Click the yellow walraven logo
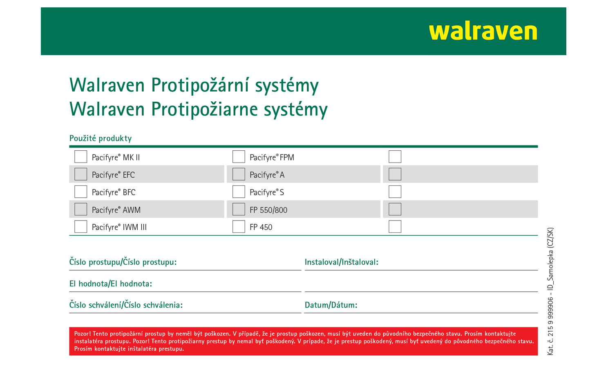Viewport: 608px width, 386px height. coord(483,32)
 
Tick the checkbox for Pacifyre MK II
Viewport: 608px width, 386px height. coord(80,157)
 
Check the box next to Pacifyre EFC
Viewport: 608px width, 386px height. coord(80,174)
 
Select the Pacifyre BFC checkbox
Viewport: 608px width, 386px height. coord(80,192)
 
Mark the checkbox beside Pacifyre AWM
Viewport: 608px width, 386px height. coord(80,209)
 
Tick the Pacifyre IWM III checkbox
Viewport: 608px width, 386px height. coord(80,227)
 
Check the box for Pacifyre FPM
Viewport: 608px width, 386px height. coord(239,157)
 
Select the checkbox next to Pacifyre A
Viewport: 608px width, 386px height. coord(239,174)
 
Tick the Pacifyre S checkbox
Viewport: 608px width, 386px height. coord(239,192)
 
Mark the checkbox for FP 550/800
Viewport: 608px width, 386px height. coord(239,209)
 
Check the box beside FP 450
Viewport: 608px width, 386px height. coord(239,227)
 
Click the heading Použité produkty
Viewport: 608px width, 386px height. coord(101,138)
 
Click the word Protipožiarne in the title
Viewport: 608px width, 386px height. coord(204,109)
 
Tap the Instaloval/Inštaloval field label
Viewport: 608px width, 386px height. coord(342,262)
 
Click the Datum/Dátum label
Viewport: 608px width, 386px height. coord(331,305)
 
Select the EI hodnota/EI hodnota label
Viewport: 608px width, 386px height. coord(111,284)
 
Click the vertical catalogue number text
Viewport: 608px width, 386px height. coord(550,291)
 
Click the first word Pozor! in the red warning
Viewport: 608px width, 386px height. coord(83,334)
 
